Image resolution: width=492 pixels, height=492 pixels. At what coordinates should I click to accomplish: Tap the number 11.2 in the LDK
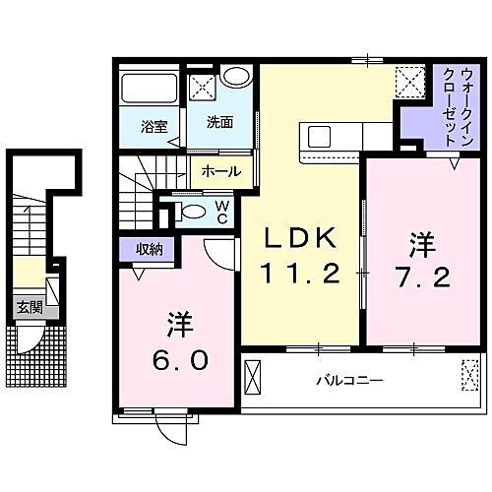(301, 273)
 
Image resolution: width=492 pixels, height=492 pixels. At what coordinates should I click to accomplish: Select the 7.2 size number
(424, 277)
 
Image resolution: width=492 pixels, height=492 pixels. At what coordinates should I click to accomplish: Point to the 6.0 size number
(180, 360)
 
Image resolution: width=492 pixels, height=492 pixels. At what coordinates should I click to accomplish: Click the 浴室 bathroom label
(153, 125)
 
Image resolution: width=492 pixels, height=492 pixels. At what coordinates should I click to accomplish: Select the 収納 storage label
(150, 249)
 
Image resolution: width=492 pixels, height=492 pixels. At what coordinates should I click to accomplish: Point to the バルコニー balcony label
(349, 379)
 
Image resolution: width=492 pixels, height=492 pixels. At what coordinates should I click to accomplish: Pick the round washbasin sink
(234, 78)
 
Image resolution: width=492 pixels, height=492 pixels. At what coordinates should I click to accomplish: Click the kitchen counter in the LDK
(336, 134)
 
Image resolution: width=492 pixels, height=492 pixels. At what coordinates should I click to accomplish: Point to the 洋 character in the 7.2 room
(424, 240)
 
